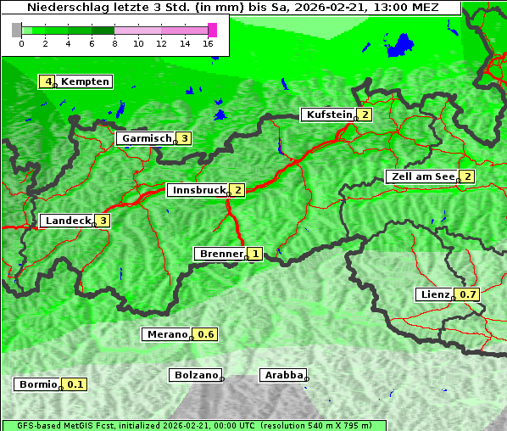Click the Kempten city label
pos(84,81)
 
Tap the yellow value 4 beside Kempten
pos(48,81)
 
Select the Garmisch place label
pos(146,138)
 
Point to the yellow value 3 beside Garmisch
pos(183,138)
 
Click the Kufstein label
pos(329,115)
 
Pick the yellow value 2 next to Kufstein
pos(365,115)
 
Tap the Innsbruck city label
pos(198,190)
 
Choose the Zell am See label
pos(421,176)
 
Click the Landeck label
pos(68,221)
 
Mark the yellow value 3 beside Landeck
pos(103,221)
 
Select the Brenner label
pos(220,254)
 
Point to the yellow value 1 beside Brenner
pos(254,254)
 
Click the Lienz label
pos(434,294)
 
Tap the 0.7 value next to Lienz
pos(468,294)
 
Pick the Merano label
pos(166,334)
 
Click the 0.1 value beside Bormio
pos(76,384)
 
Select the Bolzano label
pos(196,375)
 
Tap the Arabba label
pos(283,375)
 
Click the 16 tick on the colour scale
pos(208,43)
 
